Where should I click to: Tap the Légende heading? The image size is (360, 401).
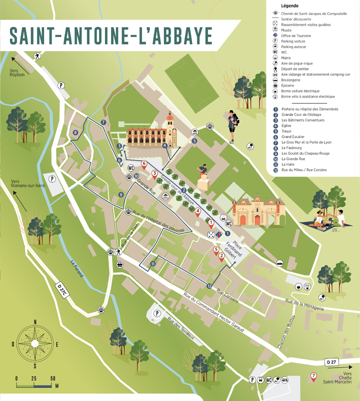(x=291, y=5)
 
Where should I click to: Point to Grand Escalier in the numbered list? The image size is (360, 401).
(x=293, y=136)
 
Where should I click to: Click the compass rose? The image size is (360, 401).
(x=34, y=344)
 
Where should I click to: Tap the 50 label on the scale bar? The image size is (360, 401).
(x=52, y=378)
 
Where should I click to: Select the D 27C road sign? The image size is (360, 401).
(x=61, y=289)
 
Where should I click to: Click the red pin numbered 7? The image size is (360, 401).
(x=313, y=377)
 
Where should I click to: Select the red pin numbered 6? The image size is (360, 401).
(x=144, y=164)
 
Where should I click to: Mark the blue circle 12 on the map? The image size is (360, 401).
(x=209, y=285)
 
